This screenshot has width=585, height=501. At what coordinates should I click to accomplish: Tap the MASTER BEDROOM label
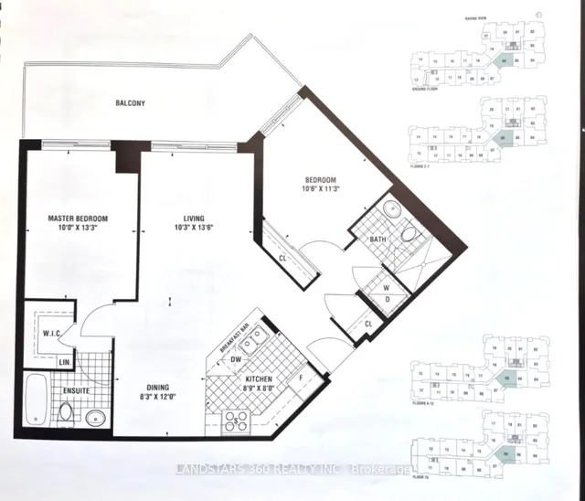(x=79, y=219)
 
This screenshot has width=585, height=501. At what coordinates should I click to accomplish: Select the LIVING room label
(x=192, y=219)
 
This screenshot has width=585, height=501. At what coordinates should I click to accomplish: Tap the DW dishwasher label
(x=236, y=359)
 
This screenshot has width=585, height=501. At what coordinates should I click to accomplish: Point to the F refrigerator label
(x=301, y=376)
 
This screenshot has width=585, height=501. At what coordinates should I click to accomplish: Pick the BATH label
(x=378, y=240)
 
